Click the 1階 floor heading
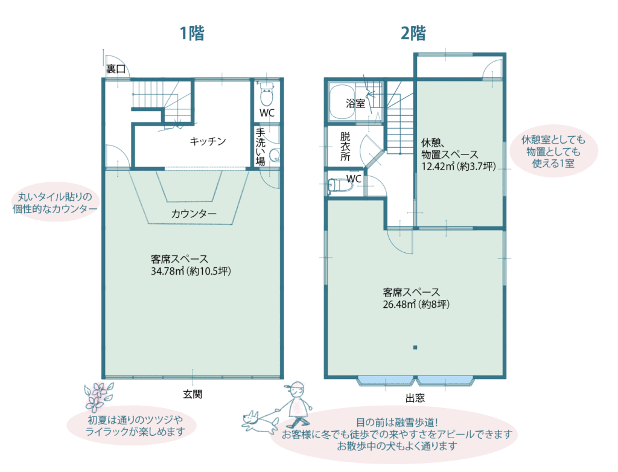(x=192, y=33)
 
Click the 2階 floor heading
(x=413, y=33)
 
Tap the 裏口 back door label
(x=116, y=69)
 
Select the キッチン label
(x=208, y=141)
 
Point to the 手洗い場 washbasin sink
(x=275, y=155)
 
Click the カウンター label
(x=194, y=214)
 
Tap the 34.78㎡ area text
(x=168, y=271)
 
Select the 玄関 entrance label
(x=193, y=394)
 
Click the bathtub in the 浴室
(x=342, y=102)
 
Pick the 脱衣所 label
(x=345, y=146)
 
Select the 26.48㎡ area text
(x=400, y=304)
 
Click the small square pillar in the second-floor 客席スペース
(x=415, y=348)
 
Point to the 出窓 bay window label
(x=415, y=398)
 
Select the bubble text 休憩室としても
(x=553, y=139)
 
